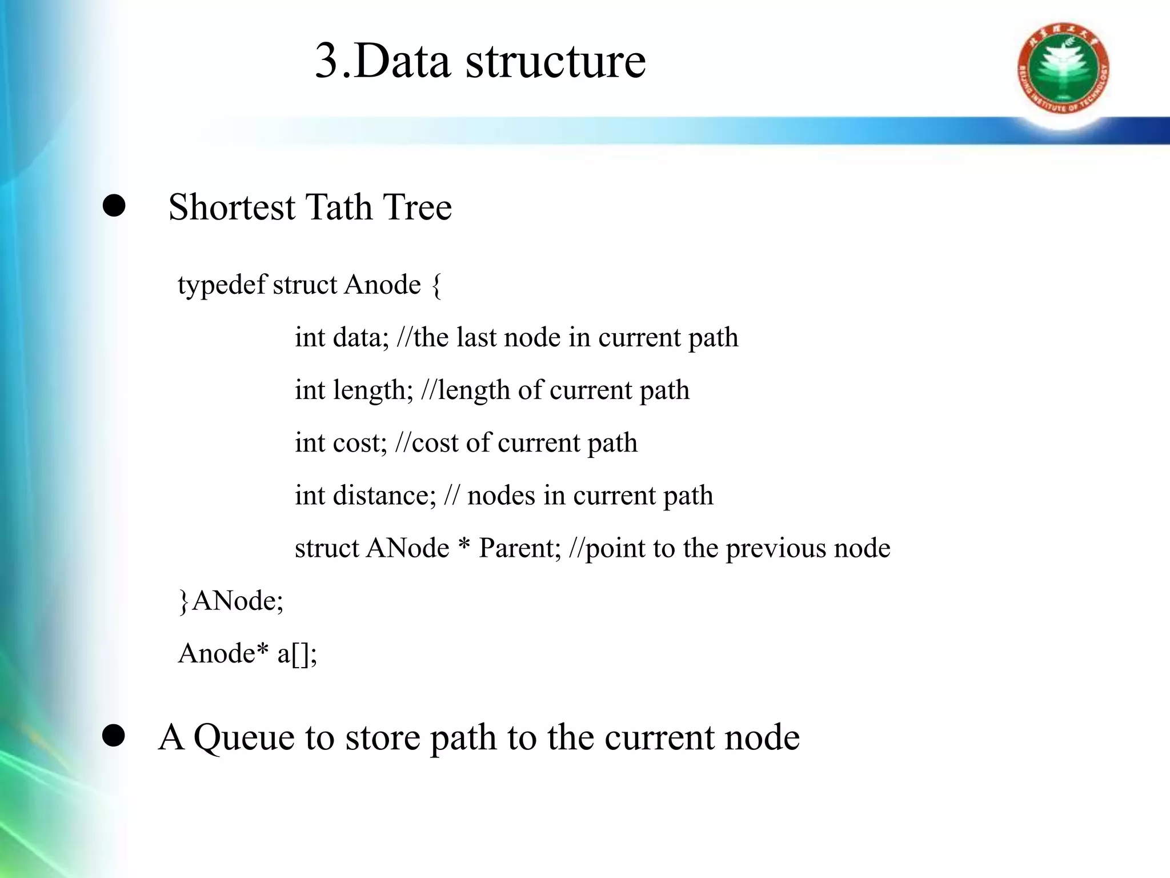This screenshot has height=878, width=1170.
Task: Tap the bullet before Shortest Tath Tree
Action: [114, 206]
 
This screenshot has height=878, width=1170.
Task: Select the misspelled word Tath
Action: [338, 207]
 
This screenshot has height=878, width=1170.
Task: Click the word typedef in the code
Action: [222, 285]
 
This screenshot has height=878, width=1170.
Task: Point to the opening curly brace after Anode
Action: [436, 285]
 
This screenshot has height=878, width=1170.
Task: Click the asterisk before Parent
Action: [464, 546]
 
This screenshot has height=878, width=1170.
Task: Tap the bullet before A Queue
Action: [114, 737]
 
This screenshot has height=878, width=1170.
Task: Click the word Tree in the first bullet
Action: [418, 207]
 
